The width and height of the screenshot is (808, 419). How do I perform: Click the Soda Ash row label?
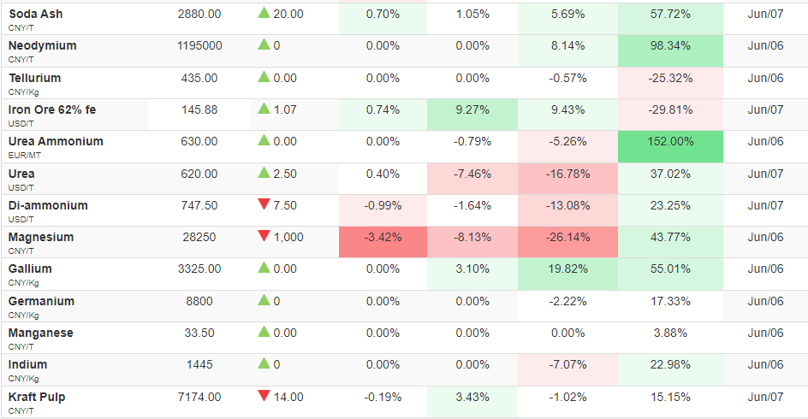click(36, 14)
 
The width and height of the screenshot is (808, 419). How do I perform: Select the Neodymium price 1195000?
click(199, 46)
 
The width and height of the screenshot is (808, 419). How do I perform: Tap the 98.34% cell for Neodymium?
click(670, 50)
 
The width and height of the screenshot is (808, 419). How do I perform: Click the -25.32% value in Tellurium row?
click(670, 78)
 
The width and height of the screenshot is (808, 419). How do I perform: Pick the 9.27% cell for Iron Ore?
click(472, 115)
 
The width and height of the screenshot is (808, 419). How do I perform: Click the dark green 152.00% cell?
click(670, 146)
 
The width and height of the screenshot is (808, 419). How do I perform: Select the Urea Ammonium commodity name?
click(56, 142)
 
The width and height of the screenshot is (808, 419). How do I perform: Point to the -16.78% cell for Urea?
click(567, 179)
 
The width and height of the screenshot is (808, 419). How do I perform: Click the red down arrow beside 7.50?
click(264, 204)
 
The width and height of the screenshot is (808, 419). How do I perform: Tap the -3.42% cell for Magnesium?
click(383, 242)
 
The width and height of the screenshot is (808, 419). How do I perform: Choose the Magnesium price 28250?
click(199, 238)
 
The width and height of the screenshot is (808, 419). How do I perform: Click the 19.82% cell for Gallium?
click(567, 274)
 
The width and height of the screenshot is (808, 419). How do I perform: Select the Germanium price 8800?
click(199, 301)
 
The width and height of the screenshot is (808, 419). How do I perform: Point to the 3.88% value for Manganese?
click(670, 333)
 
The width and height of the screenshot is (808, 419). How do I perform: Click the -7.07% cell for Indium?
click(567, 369)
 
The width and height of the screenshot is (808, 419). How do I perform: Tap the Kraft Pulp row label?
click(37, 398)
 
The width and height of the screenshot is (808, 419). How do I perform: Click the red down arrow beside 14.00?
click(264, 396)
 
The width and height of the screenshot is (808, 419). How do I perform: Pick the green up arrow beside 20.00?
click(264, 13)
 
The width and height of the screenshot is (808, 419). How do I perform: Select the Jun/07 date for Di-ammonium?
click(765, 205)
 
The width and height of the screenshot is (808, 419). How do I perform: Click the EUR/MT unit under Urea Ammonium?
click(25, 156)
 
